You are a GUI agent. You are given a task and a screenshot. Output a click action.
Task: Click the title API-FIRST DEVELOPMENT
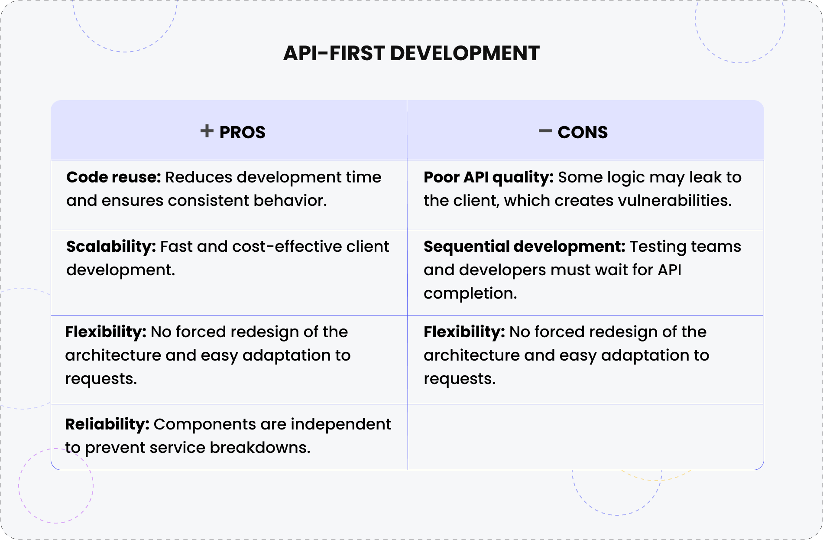coord(411,53)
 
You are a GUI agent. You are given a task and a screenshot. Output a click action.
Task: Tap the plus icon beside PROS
coord(207,131)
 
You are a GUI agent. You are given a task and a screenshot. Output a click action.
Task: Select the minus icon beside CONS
coord(545,131)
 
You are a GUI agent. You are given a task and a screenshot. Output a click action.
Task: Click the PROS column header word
coord(242,132)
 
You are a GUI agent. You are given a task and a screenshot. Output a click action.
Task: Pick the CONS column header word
coord(583,132)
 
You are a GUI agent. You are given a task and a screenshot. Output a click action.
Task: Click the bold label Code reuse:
coord(113,177)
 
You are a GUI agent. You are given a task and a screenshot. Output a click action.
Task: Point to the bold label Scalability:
coord(111,247)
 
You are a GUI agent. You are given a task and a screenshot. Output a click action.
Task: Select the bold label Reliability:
coord(107,424)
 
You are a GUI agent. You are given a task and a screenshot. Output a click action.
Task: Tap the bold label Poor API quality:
coord(489,177)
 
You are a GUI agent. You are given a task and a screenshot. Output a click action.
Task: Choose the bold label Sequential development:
coord(525,247)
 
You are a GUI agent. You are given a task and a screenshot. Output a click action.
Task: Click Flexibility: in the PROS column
coord(106,332)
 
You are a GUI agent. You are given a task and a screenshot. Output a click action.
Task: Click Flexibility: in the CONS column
coord(464,332)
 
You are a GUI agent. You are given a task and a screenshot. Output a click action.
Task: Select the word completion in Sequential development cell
coord(470,294)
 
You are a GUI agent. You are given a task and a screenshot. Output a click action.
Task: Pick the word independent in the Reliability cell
coord(341,424)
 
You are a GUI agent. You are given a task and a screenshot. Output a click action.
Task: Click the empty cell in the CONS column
coord(585,437)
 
